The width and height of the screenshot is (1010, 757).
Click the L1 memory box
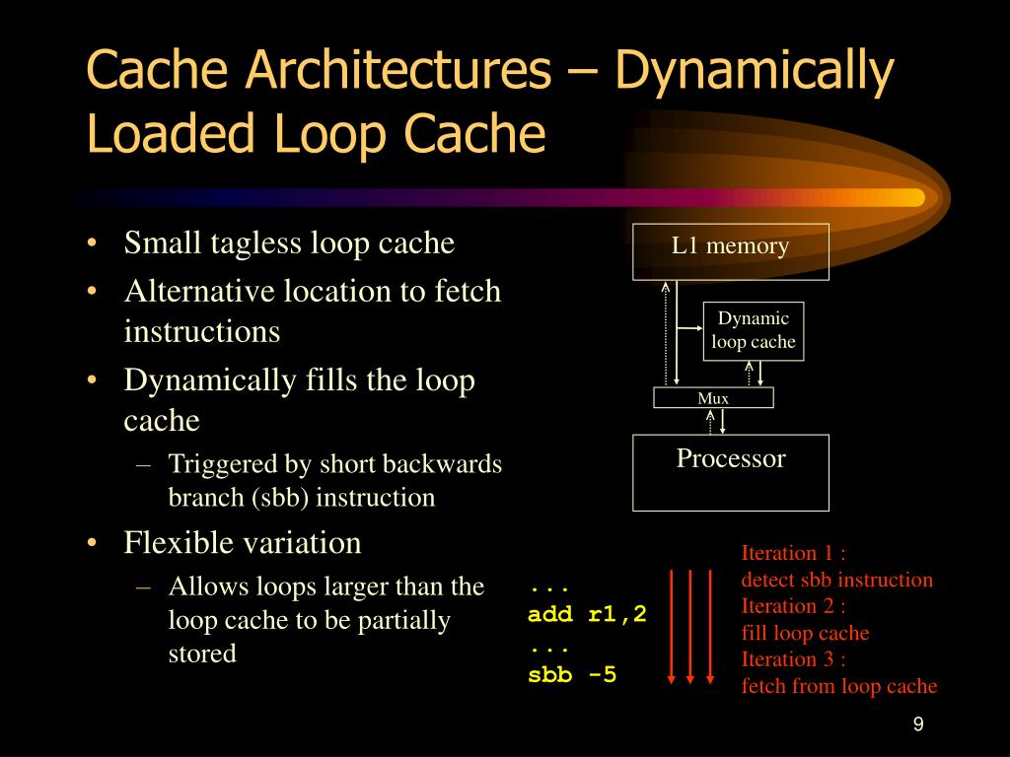click(730, 251)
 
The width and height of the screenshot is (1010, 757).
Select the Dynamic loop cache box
click(754, 330)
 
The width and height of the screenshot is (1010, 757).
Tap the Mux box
click(713, 398)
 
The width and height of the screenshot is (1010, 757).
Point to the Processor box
click(730, 472)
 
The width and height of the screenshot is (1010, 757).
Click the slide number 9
click(917, 725)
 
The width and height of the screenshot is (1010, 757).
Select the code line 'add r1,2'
click(587, 615)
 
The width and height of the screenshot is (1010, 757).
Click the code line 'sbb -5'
click(572, 676)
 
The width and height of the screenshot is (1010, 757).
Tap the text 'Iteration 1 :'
click(794, 553)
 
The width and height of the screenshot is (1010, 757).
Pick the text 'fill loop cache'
click(805, 633)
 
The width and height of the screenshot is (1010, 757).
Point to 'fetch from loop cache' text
click(838, 686)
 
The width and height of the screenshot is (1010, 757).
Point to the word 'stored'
click(202, 654)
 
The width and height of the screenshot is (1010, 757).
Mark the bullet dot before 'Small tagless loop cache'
click(92, 244)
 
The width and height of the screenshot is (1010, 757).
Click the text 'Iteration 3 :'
click(794, 659)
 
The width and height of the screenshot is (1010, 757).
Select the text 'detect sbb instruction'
click(836, 580)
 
